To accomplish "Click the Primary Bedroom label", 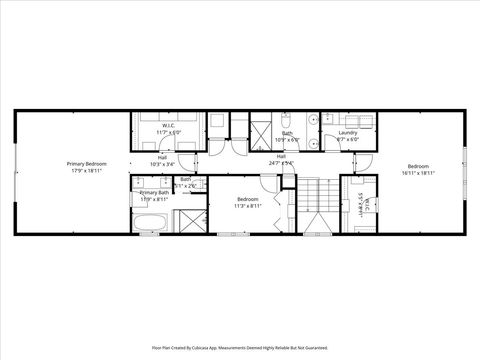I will [88, 163].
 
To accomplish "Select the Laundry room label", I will [348, 133].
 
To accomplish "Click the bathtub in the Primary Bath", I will [152, 221].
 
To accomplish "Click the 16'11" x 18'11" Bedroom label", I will [418, 166].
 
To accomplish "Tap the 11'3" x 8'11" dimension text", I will [248, 206].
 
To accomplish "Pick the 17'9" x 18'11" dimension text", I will [88, 170].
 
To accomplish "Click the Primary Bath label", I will [155, 192].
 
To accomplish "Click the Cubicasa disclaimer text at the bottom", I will [240, 347].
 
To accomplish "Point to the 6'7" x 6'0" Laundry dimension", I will [348, 139].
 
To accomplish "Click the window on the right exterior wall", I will [465, 166].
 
